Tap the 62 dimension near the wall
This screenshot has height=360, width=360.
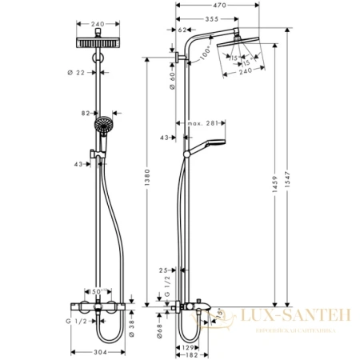182,30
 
